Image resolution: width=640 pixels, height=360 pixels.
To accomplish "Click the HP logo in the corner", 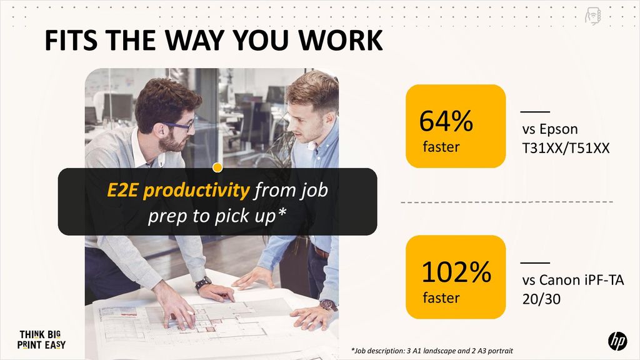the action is [x=617, y=341].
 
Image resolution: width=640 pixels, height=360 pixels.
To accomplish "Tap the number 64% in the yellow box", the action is [x=446, y=121].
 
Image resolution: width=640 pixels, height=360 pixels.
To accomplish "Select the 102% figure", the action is [x=456, y=272].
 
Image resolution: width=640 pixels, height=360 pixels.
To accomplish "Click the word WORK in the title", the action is [x=341, y=40].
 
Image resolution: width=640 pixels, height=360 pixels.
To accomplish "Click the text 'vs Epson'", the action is [x=550, y=129].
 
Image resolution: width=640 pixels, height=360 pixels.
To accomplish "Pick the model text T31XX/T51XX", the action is [x=566, y=147].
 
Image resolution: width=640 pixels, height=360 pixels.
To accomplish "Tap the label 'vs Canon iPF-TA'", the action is [x=573, y=280].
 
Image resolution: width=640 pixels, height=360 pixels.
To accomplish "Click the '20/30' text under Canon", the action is [x=541, y=299].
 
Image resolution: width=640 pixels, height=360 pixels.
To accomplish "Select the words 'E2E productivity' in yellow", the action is [x=178, y=190].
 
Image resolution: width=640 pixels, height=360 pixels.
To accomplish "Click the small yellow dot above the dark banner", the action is [x=217, y=167].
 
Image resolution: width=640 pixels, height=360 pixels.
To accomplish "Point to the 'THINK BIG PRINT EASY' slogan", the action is [x=41, y=340].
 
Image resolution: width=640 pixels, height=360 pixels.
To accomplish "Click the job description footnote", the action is [x=432, y=351].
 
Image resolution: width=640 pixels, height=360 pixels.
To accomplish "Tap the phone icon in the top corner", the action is [x=592, y=16].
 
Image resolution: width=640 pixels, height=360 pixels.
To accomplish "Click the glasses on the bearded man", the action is [x=178, y=125].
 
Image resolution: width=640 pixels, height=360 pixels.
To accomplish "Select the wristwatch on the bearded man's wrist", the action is [x=203, y=283].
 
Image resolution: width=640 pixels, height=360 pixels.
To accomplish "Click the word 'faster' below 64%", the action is [x=441, y=146].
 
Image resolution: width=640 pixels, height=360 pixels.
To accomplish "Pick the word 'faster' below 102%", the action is [x=441, y=297].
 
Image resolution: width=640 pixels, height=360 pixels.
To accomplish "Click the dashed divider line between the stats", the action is [x=507, y=202].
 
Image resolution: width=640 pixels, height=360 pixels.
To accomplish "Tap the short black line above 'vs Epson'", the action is [x=535, y=111].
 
